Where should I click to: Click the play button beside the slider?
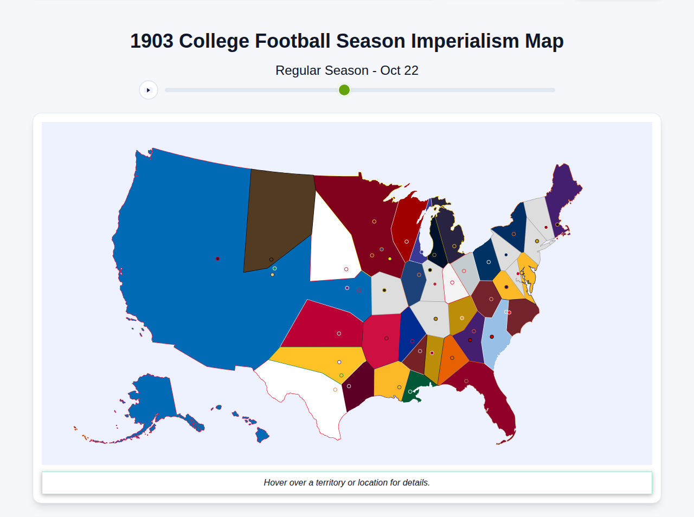[x=149, y=90]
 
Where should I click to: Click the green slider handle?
[x=344, y=90]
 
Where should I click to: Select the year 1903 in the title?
[x=152, y=41]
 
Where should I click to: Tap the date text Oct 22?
[x=399, y=70]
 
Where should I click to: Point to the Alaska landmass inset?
[x=152, y=401]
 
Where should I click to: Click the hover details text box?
[x=347, y=482]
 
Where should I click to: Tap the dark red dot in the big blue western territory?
[x=217, y=258]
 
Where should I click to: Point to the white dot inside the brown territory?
[x=271, y=260]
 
